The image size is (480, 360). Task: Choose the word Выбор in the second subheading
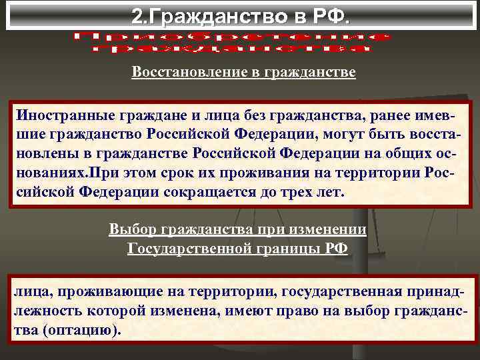[x=129, y=231]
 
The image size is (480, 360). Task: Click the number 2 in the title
[x=136, y=15]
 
